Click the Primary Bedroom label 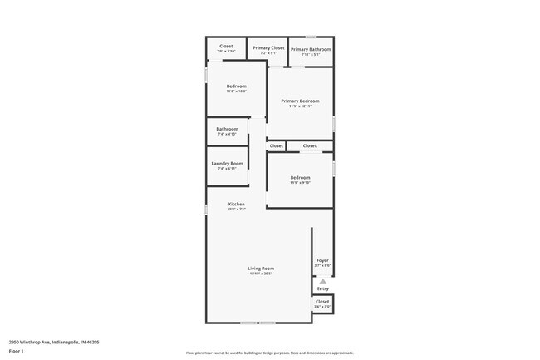(x=300, y=101)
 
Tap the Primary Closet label (x=268, y=48)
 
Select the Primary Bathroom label (x=311, y=49)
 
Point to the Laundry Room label (x=227, y=163)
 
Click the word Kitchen (x=237, y=205)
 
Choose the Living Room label (x=261, y=269)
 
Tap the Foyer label (x=322, y=261)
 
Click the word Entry (x=322, y=288)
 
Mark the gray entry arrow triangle (x=322, y=281)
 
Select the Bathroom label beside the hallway (x=227, y=129)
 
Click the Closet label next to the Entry (x=322, y=301)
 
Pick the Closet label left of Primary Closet (x=226, y=46)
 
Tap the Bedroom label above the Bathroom (x=237, y=86)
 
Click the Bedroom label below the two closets (x=300, y=178)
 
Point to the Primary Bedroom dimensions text (x=300, y=106)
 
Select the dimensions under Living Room (x=261, y=274)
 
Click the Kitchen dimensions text (x=237, y=210)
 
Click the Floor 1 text (x=17, y=352)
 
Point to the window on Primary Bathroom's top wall (x=310, y=37)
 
